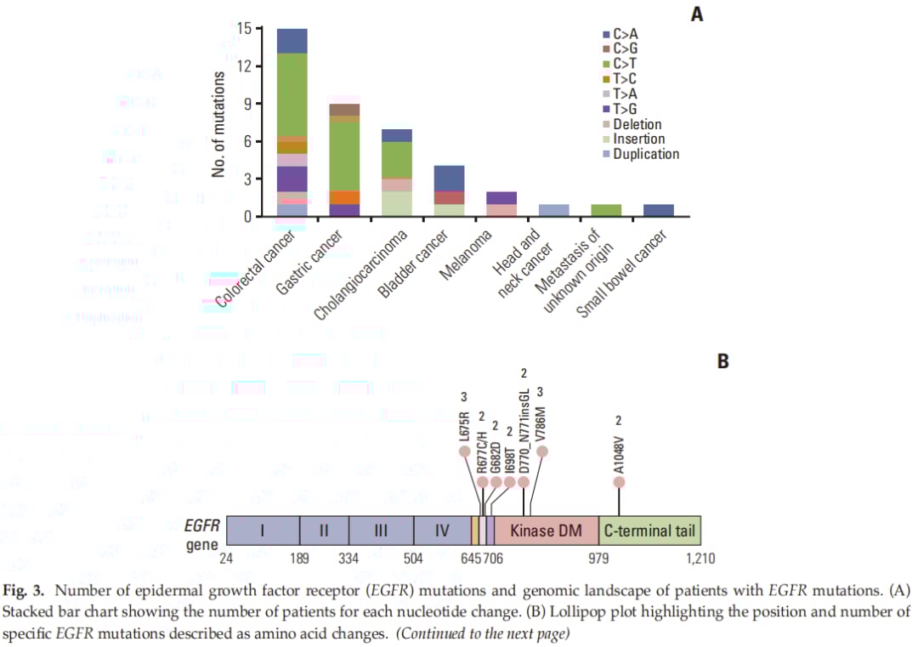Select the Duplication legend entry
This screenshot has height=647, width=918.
point(645,154)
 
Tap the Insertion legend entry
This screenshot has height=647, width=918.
point(638,139)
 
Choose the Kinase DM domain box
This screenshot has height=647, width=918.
point(547,531)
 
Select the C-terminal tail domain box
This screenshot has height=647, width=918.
point(649,531)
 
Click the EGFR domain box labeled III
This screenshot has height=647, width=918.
point(381,531)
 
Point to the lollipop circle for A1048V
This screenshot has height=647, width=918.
point(619,482)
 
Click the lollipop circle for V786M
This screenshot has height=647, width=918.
point(541,451)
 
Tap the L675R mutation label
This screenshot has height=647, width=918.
point(464,424)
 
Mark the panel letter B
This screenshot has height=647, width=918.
point(723,360)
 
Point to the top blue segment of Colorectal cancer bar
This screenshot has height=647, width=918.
point(292,41)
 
